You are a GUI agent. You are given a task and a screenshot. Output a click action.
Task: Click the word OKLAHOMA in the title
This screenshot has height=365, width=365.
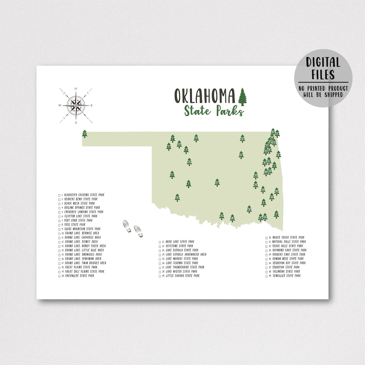[x=205, y=95]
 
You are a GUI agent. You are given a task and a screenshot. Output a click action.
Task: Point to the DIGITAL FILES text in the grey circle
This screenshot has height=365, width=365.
[x=323, y=68]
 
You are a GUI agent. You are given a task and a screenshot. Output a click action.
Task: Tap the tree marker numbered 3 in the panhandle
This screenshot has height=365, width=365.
[x=85, y=133]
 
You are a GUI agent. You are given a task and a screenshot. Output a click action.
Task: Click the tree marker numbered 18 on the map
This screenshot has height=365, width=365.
[x=177, y=198]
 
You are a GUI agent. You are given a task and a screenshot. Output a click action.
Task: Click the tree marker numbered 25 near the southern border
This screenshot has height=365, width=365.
[x=222, y=216]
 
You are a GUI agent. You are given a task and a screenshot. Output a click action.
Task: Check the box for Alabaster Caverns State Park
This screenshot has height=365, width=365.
[x=60, y=195]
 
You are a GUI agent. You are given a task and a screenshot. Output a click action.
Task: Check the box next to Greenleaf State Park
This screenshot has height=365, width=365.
[x=60, y=276]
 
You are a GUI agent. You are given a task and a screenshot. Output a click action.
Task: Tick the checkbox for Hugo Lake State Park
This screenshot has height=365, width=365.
[x=160, y=242]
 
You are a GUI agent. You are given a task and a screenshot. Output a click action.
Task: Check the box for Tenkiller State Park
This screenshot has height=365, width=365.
[x=267, y=276]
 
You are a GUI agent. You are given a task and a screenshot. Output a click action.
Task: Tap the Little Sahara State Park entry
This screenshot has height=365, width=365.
[x=182, y=276]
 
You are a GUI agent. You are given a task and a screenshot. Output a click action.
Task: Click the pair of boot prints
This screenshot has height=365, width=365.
[x=133, y=228]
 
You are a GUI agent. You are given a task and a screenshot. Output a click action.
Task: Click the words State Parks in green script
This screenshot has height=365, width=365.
[x=214, y=111]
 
